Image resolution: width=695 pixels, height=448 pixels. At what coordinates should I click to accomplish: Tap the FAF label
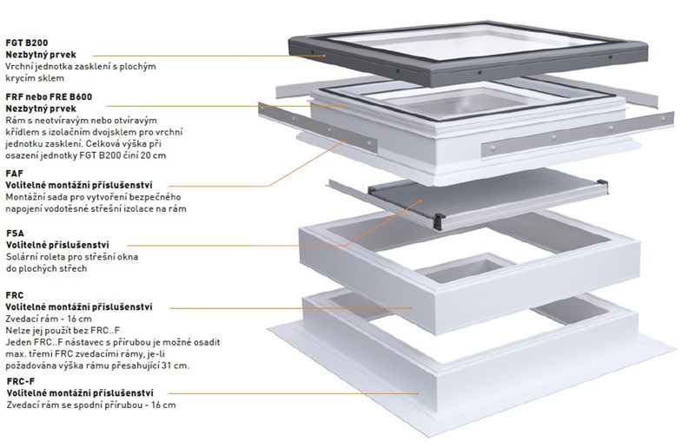[x=16, y=174]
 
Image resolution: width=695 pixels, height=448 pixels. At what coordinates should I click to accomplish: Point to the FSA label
[x=16, y=234]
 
